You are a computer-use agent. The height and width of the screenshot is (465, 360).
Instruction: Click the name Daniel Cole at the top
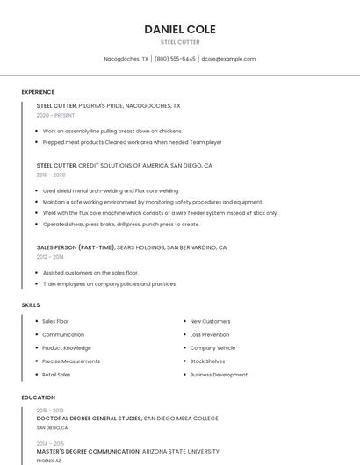[x=180, y=29]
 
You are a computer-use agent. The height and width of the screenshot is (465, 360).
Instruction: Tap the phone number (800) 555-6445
[x=175, y=59]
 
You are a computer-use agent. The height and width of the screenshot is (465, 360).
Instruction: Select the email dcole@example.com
[x=228, y=59]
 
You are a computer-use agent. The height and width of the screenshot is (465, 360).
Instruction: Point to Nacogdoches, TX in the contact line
[x=126, y=59]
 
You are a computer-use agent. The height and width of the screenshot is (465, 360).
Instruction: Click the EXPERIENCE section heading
[x=38, y=92]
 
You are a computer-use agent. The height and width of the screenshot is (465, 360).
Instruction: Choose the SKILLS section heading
[x=31, y=304]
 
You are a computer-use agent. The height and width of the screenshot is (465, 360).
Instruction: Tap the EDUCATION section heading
[x=38, y=397]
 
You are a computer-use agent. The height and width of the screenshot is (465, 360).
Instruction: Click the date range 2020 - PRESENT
[x=55, y=115]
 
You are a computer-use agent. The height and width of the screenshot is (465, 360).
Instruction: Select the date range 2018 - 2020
[x=51, y=175]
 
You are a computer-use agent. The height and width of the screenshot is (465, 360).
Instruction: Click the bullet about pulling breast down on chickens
[x=112, y=131]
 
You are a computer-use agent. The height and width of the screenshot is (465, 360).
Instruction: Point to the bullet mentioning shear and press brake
[x=121, y=224]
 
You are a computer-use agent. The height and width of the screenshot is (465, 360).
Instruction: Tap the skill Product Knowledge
[x=67, y=347]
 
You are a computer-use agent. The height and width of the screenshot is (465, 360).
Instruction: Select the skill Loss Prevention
[x=210, y=334]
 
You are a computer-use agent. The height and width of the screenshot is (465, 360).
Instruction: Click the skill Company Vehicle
[x=212, y=347]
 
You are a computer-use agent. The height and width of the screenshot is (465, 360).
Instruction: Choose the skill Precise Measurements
[x=71, y=361]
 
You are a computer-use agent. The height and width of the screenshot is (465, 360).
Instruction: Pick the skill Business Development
[x=219, y=375]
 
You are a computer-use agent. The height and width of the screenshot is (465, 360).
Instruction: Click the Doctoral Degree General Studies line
[x=89, y=418]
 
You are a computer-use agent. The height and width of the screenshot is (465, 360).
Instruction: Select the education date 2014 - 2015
[x=50, y=443]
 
